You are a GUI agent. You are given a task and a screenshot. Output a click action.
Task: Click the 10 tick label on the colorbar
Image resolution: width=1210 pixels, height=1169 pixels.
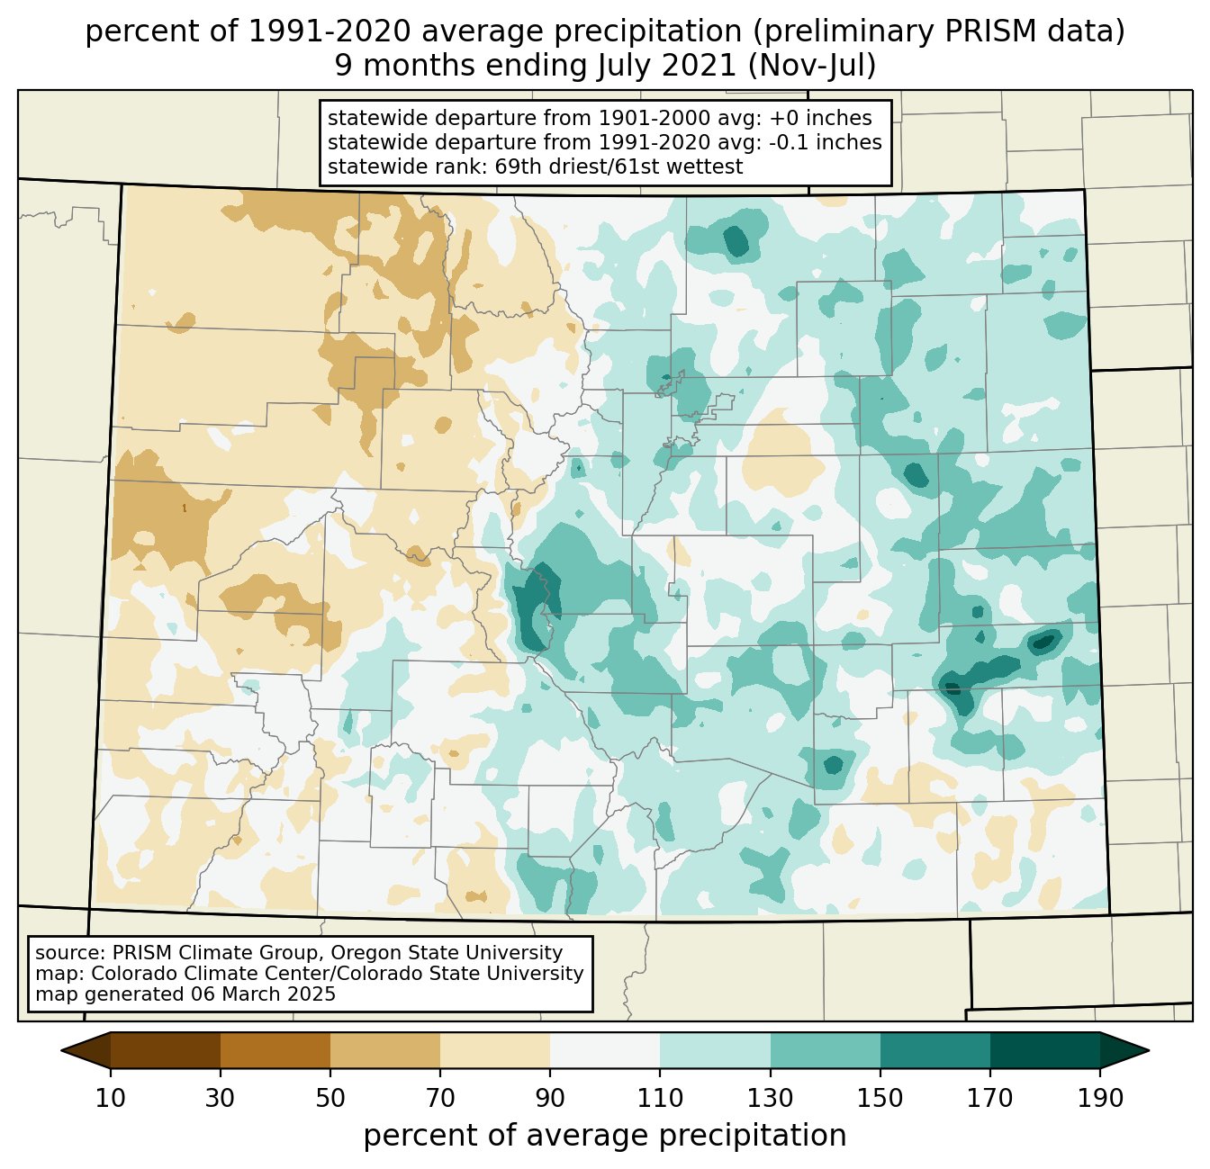coord(111,1099)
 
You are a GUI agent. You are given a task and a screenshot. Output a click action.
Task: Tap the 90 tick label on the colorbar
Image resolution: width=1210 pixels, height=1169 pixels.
coord(550,1099)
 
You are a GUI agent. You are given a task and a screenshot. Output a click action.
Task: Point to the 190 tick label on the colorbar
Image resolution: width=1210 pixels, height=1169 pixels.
coord(1100,1099)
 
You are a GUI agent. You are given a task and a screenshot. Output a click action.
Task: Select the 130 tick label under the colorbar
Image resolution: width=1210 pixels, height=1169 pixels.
coord(771,1099)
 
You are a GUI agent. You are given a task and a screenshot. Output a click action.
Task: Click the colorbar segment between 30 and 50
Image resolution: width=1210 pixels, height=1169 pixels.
coord(275,1050)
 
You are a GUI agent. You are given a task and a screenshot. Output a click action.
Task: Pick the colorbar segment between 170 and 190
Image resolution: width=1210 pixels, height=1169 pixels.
coord(1045,1050)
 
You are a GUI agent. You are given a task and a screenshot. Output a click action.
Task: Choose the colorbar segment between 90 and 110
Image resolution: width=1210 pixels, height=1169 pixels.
coord(605,1050)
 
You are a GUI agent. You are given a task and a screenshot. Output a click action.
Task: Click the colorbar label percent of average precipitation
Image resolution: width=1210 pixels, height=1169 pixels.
coord(605,1136)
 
